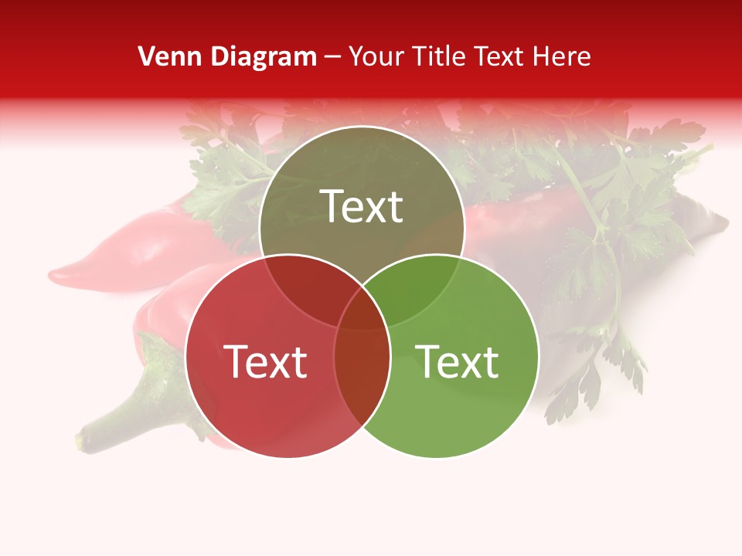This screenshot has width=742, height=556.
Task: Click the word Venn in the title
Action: pos(164,56)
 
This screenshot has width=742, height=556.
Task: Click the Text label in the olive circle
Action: pos(362,207)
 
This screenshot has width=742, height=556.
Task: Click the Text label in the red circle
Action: pos(265,362)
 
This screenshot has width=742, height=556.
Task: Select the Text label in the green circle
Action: pos(457,362)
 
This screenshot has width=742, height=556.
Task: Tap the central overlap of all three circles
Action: pos(362,310)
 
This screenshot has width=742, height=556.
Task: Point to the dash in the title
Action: pos(333,56)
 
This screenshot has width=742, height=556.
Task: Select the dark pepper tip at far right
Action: pos(715,224)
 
